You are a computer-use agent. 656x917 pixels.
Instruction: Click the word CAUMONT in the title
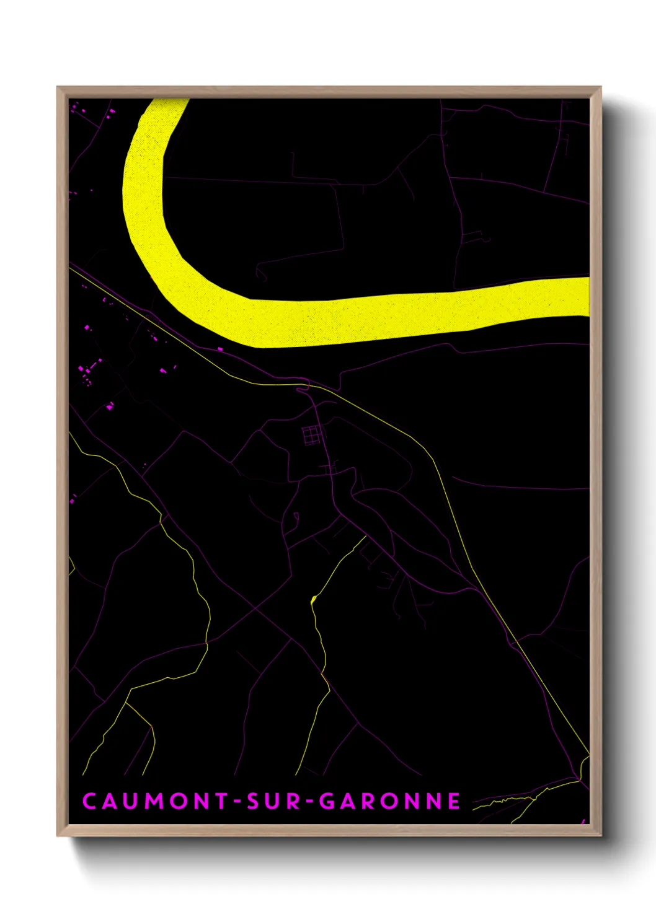156,801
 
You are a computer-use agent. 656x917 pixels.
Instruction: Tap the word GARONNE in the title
389,801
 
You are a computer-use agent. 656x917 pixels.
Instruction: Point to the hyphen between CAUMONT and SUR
237,801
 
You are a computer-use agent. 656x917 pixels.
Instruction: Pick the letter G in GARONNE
326,801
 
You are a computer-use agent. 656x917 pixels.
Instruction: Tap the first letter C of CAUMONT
89,801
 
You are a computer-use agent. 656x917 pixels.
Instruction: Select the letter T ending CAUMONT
221,801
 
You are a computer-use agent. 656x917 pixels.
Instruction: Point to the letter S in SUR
253,801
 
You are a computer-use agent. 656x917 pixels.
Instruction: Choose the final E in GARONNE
454,801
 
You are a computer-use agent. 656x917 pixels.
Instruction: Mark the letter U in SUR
273,801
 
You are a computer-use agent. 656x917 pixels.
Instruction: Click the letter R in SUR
294,801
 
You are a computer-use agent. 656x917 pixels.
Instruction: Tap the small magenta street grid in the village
312,434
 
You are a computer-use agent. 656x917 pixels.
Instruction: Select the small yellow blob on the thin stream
313,599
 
